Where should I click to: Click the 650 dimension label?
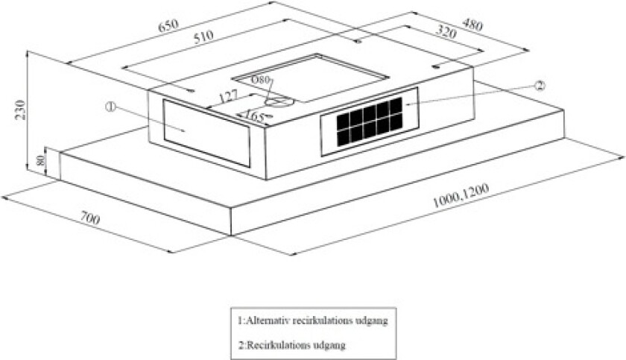168,25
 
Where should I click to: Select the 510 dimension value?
203,37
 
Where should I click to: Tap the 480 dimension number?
472,25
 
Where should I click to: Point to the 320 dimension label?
446,31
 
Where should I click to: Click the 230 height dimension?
20,110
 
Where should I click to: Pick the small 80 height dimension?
39,161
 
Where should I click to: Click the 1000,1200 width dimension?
461,196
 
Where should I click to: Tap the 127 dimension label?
228,97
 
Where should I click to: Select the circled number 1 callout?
110,107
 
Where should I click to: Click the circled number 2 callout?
539,86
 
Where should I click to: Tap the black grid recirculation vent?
370,121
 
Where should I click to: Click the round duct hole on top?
279,102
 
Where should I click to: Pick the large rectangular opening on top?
310,78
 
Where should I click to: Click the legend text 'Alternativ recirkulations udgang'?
317,320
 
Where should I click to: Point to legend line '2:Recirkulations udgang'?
292,345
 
